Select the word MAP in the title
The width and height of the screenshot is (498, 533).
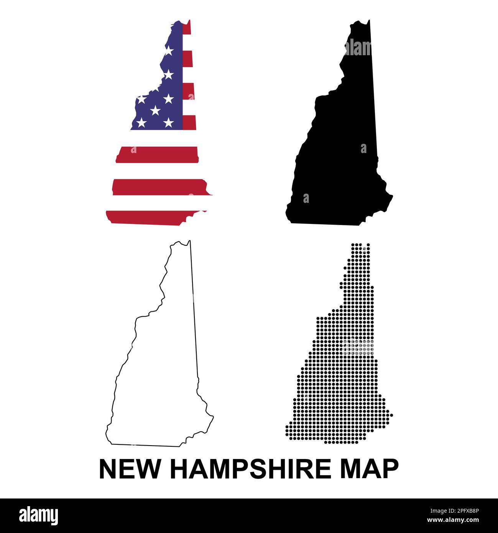tap(369, 469)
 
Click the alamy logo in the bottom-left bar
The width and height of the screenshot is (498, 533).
tap(38, 516)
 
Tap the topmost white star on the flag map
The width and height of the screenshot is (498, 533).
tap(169, 50)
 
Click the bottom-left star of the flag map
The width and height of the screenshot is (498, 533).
tap(141, 123)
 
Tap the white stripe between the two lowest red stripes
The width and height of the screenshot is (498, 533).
tap(157, 203)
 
